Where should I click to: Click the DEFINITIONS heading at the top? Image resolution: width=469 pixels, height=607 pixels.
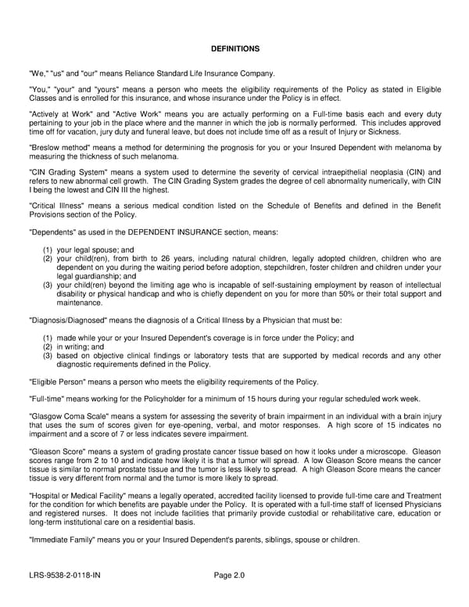tap(234, 48)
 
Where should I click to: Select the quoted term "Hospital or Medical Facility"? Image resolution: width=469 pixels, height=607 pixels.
tap(81, 497)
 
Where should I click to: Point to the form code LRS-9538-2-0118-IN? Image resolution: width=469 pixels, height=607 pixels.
tap(64, 576)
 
